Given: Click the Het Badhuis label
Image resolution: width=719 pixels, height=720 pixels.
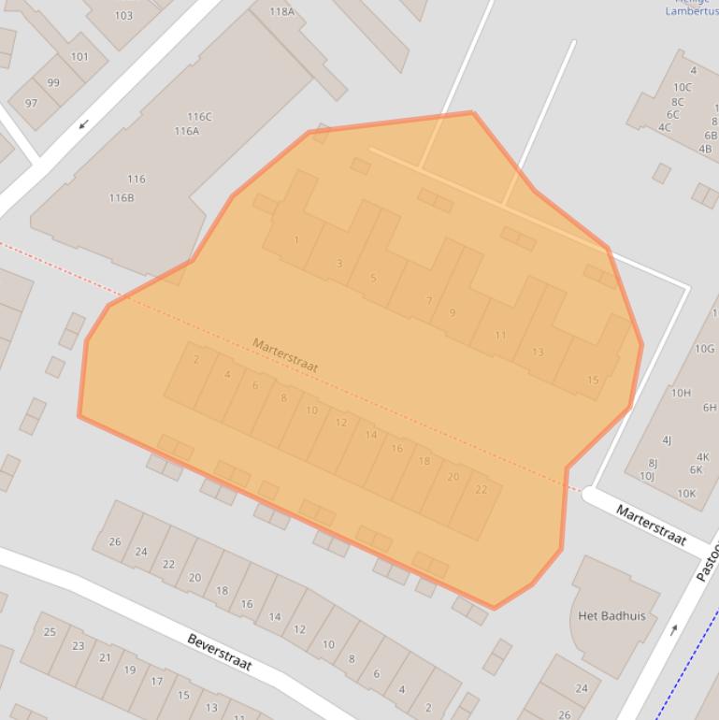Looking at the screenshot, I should tap(611, 616).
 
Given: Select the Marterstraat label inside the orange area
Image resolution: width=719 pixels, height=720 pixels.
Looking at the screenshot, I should tap(285, 355).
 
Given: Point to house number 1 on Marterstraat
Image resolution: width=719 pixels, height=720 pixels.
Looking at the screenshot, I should tap(296, 240).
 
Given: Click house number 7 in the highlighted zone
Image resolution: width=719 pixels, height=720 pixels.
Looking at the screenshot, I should tap(429, 301).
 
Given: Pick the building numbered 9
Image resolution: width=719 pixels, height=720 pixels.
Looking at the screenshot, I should tap(453, 312).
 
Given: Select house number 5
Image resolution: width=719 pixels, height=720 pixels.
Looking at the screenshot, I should tap(373, 278).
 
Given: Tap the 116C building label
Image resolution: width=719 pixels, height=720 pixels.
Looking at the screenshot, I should tap(199, 117).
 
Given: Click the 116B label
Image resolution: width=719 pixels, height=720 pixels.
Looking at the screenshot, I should tap(122, 198).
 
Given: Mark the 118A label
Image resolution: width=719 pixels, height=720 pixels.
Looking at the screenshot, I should tap(281, 11).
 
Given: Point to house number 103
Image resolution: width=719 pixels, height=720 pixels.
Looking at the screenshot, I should tap(123, 16).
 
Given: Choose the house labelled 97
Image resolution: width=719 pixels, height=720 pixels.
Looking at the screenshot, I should tap(32, 103).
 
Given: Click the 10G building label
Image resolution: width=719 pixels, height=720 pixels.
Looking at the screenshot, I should tap(704, 349).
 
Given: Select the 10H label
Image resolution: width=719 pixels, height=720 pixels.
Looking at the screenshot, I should tap(681, 393).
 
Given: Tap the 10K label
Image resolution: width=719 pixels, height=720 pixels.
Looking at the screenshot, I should tap(686, 494).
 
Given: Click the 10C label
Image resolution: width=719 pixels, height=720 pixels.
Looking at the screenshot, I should tap(682, 88).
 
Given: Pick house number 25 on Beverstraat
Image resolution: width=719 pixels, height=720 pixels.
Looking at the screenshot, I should tap(50, 632).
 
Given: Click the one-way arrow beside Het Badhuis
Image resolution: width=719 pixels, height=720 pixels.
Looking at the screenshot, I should tap(673, 629).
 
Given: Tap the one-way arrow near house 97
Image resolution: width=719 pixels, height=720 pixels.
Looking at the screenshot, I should tap(83, 124).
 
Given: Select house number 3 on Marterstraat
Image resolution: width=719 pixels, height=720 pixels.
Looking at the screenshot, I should tap(339, 263).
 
